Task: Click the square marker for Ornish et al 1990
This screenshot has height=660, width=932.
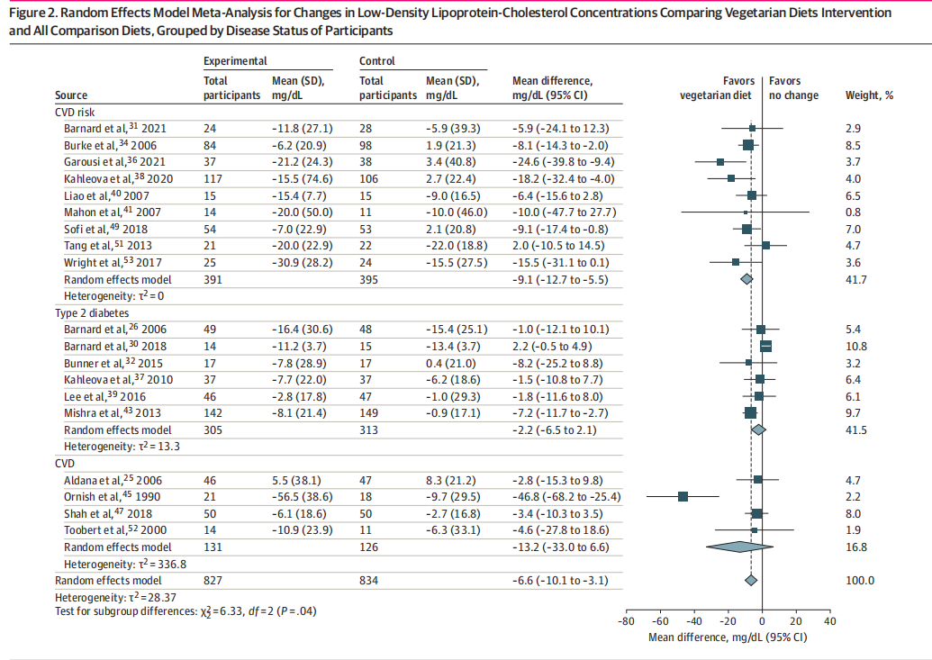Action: coord(683,496)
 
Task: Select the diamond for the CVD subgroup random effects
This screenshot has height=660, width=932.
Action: coord(741,547)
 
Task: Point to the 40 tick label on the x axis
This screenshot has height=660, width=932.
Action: coord(830,621)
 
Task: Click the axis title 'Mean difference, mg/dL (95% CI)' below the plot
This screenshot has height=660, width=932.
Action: coord(728,637)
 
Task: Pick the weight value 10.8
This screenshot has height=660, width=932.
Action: coord(855,346)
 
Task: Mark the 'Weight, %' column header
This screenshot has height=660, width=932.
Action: coord(869,95)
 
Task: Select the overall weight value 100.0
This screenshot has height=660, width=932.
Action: coord(859,581)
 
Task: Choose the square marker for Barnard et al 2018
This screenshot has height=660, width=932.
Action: coord(766,346)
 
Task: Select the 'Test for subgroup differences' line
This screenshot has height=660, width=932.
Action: coord(185,612)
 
